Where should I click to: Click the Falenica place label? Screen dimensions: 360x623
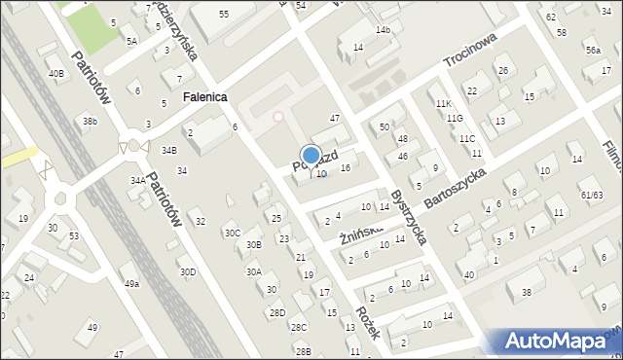click(204, 97)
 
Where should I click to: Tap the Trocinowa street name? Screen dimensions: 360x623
click(470, 49)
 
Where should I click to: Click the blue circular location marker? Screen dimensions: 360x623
click(311, 155)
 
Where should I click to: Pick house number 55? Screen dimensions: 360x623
click(224, 14)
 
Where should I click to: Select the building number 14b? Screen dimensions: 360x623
click(384, 30)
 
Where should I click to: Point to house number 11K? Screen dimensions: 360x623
click(444, 103)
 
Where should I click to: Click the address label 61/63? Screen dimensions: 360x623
click(592, 195)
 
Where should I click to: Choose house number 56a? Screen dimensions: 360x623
click(593, 50)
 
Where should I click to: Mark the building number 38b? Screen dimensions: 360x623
click(90, 121)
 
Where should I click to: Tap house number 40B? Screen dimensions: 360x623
click(56, 73)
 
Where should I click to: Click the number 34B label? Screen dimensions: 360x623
click(169, 150)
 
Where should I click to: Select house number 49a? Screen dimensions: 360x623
click(130, 283)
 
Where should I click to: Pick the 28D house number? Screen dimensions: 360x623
click(277, 312)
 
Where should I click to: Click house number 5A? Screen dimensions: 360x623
click(131, 41)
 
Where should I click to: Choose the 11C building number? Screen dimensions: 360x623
click(467, 138)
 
